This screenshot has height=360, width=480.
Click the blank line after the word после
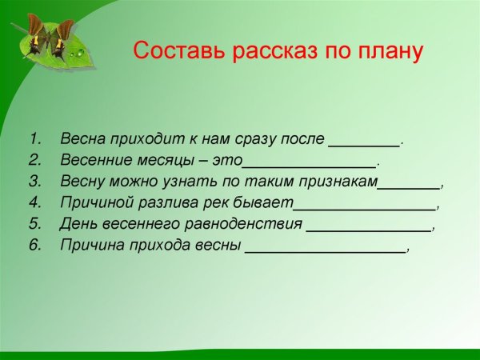(364, 145)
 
